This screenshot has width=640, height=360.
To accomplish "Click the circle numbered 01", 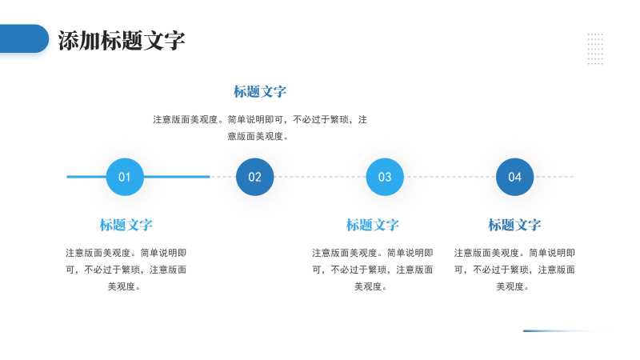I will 125,177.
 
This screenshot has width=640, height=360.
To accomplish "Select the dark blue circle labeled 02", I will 254,177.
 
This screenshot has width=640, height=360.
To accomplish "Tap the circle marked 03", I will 385,177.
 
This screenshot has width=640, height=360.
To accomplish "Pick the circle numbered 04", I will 514,177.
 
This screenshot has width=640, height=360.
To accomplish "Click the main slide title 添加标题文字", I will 122,41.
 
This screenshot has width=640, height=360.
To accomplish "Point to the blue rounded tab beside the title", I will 24,38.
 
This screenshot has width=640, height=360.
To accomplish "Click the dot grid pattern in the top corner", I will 595,48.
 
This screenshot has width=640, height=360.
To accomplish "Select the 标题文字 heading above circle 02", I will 260,92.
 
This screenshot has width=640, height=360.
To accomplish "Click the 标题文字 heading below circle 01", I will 126,225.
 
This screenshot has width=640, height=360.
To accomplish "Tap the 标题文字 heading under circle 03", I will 372,225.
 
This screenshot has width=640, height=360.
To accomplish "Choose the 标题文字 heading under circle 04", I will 514,225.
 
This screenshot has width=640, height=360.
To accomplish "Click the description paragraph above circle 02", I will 260,127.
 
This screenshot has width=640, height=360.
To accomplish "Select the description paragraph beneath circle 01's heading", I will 126,269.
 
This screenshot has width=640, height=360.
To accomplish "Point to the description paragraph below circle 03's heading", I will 372,269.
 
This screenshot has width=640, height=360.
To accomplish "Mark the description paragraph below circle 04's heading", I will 514,269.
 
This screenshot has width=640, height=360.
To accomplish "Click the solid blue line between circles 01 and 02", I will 177,177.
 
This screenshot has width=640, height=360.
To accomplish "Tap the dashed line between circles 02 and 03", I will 320,177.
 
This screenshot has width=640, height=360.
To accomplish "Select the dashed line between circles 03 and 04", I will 450,177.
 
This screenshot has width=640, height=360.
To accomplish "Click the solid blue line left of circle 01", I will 86,177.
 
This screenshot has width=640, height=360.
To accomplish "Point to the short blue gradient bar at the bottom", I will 560,330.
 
